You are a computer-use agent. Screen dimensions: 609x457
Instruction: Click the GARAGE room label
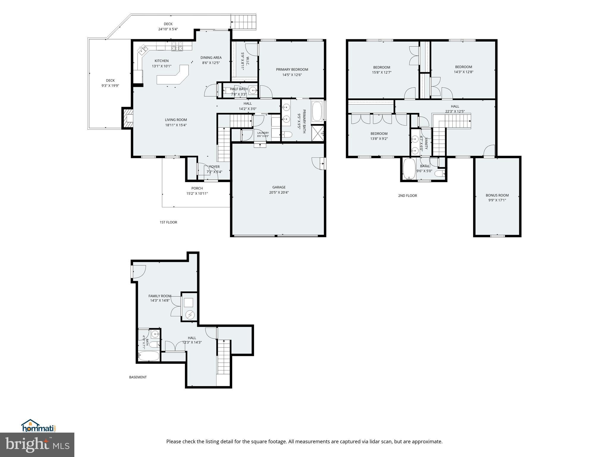(279, 187)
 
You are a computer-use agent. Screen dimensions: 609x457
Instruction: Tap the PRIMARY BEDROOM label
(292, 70)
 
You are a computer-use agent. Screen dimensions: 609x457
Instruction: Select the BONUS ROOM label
(497, 195)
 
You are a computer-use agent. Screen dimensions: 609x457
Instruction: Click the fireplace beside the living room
(127, 118)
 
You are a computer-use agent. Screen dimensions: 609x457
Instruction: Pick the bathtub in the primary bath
(318, 111)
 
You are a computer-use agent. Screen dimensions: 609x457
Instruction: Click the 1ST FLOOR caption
(168, 222)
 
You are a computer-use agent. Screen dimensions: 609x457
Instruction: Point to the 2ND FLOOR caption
(407, 195)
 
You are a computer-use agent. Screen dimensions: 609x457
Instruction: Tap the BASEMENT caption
(138, 377)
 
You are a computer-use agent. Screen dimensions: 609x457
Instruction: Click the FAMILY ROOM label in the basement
(160, 296)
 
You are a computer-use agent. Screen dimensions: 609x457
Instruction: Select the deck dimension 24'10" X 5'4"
(168, 29)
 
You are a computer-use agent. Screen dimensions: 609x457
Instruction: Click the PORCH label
(197, 188)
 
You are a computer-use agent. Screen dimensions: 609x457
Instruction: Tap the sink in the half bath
(253, 90)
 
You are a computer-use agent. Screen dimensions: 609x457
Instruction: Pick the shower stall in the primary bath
(317, 133)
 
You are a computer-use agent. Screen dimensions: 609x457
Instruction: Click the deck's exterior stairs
(244, 21)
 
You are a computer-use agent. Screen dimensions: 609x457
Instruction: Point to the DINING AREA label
(211, 58)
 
